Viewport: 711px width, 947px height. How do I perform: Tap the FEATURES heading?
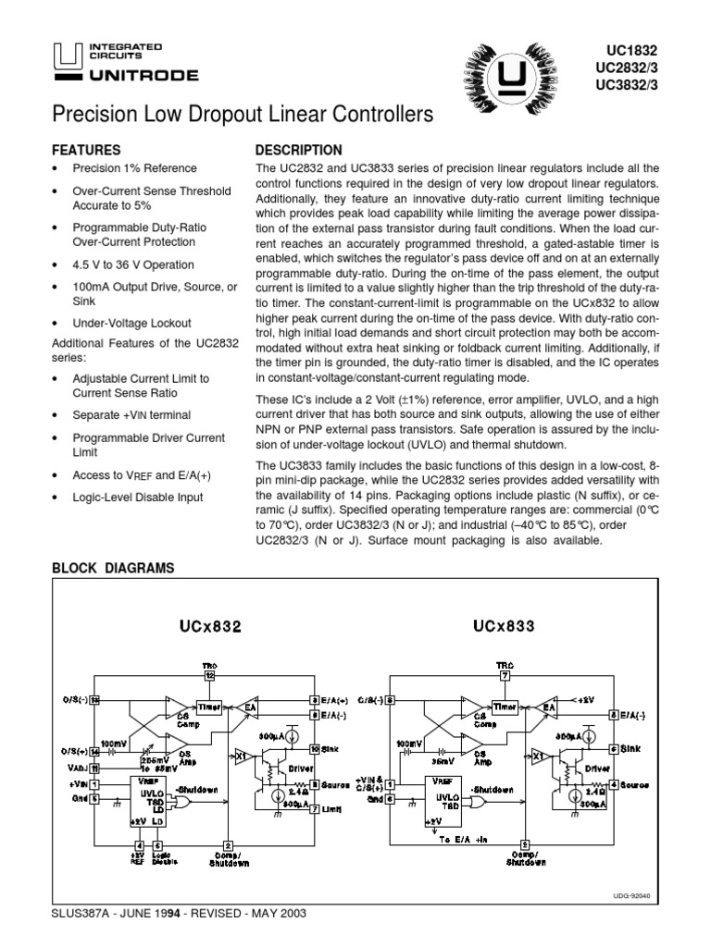pos(86,150)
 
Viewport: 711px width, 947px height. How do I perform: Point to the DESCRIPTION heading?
pos(298,150)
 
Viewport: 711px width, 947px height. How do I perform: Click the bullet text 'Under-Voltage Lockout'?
pos(131,323)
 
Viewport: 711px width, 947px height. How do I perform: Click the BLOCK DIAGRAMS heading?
pos(112,568)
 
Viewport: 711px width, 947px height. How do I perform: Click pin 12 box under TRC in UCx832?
pos(210,676)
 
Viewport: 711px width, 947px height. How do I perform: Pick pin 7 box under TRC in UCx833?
pos(505,676)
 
